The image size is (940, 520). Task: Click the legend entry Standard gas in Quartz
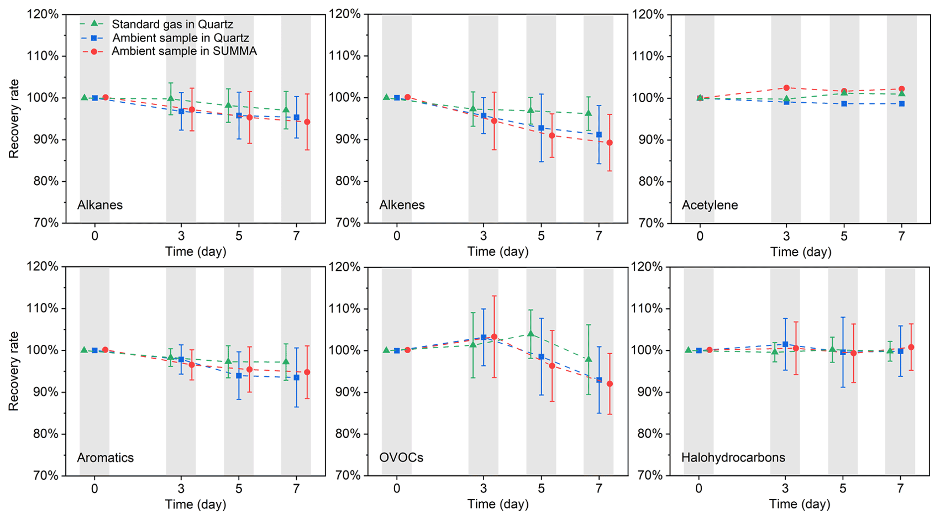click(x=172, y=24)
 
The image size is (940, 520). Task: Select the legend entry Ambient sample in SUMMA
click(x=184, y=51)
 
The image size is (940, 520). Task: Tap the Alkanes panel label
click(x=100, y=205)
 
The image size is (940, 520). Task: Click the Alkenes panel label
click(x=402, y=205)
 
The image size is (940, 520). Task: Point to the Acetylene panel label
click(x=710, y=206)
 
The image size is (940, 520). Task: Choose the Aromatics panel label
click(x=106, y=458)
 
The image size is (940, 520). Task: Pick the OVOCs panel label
click(x=401, y=458)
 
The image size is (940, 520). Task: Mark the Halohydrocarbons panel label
click(x=733, y=458)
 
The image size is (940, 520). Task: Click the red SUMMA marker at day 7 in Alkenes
click(x=610, y=143)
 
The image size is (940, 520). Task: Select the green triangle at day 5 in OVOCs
click(x=531, y=334)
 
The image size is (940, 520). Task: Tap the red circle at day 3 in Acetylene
click(x=786, y=88)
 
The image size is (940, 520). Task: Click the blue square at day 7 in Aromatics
click(x=297, y=377)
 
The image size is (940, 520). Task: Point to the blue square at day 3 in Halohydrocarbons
click(x=785, y=344)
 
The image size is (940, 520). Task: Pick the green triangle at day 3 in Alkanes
click(x=171, y=98)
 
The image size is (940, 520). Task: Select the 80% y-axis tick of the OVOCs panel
click(x=345, y=434)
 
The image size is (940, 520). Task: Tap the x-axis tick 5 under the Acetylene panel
click(x=844, y=236)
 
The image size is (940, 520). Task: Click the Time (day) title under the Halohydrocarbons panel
click(x=801, y=504)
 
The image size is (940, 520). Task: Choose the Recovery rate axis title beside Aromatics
click(x=14, y=371)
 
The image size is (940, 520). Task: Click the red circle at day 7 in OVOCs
click(x=610, y=384)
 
